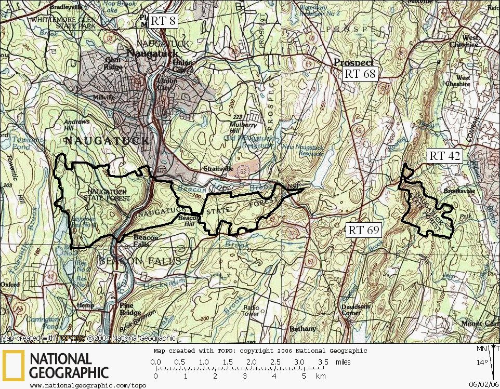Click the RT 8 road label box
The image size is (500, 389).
[164, 21]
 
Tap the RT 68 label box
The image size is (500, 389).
[360, 74]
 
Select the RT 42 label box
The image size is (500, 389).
[444, 156]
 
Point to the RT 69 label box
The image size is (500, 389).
[364, 230]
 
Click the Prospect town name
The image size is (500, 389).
[353, 62]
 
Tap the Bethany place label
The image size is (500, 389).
[302, 329]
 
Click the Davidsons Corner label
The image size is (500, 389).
[356, 310]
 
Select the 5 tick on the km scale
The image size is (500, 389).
[304, 375]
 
